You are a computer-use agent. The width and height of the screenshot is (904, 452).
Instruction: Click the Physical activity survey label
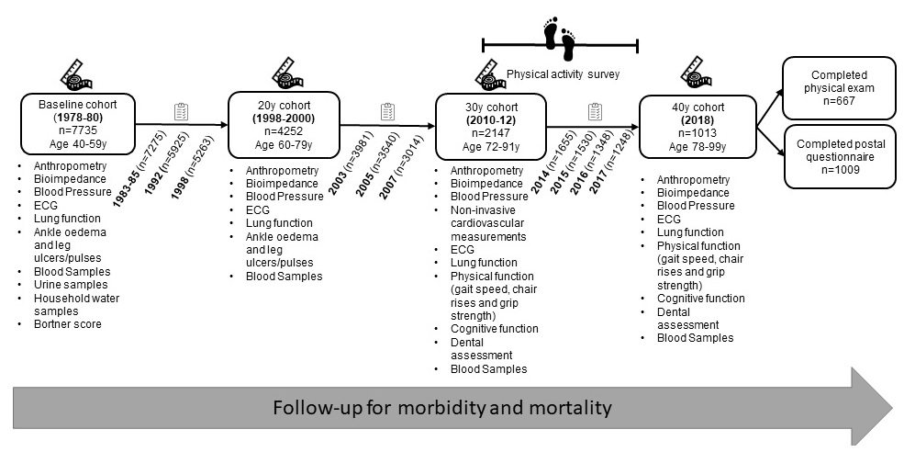click(563, 73)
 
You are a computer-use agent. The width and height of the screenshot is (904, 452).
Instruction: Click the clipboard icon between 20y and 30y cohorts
click(388, 112)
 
